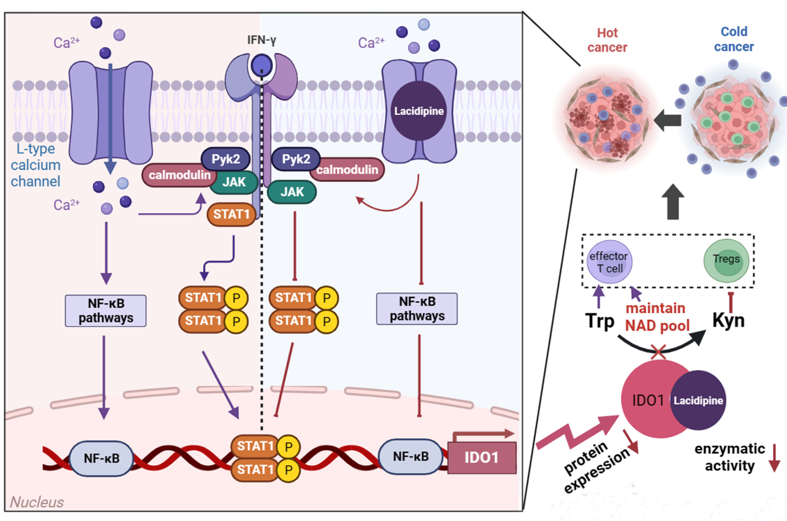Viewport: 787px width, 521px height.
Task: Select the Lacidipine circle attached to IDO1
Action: coord(698,401)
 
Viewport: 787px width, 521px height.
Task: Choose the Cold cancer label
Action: coord(734,39)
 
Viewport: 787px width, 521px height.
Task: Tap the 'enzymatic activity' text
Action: coord(725,456)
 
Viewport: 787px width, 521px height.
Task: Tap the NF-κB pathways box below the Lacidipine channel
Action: coord(416,308)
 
